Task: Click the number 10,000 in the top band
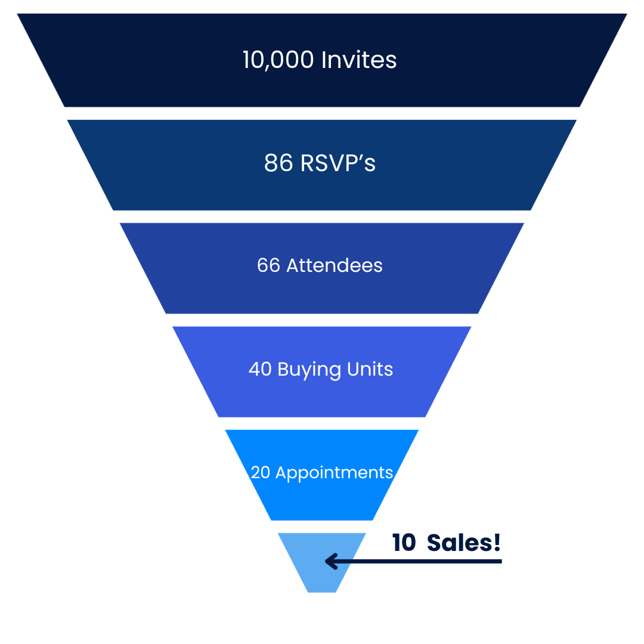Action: point(279,60)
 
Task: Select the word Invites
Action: point(359,60)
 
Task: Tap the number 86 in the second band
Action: point(278,163)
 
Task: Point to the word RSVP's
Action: point(338,163)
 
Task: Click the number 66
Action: point(268,265)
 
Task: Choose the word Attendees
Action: point(335,265)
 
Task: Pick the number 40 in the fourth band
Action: point(260,369)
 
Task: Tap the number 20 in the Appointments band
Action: point(261,472)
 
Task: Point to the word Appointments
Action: point(335,473)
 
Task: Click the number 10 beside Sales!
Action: point(404,543)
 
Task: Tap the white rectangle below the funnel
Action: point(321,618)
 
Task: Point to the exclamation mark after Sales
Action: point(497,543)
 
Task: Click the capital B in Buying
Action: point(283,369)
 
